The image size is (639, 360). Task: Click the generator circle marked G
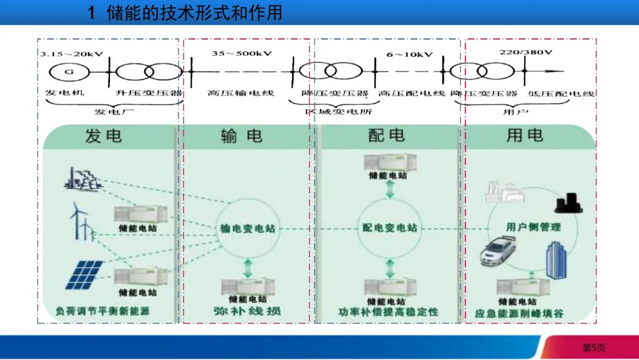point(69,72)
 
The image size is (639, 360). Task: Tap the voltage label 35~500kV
point(241,54)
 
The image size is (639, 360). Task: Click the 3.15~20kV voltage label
point(72,54)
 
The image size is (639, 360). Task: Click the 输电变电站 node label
point(247,229)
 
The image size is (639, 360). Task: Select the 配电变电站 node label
point(389,228)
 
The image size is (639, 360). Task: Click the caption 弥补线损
point(247,311)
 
